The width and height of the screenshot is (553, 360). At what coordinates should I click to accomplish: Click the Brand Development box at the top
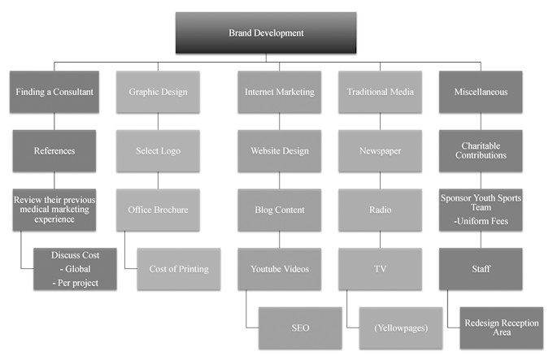point(266,33)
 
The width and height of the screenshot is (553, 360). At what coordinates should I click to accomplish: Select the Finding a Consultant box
point(54,92)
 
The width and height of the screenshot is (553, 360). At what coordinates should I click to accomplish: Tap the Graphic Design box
point(157,92)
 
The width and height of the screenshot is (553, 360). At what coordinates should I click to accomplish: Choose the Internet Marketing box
point(279,92)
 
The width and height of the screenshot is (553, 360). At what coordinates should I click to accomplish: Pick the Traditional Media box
point(380,92)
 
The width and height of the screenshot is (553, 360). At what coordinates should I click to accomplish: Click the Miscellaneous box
point(481,92)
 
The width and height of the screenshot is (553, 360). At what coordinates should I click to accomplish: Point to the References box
point(54,150)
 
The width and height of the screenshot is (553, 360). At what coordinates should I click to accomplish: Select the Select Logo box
point(157,150)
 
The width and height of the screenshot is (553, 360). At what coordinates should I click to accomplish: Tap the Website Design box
point(279,150)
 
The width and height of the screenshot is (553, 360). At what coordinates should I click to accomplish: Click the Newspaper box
point(380,150)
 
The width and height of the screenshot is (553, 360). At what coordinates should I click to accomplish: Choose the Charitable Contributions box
point(481,150)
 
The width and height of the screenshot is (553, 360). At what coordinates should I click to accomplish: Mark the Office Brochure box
point(157,210)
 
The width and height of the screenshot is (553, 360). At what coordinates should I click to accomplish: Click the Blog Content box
point(279,210)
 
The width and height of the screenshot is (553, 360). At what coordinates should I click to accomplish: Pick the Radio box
point(380,210)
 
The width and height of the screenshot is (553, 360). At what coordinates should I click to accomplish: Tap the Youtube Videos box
point(279,269)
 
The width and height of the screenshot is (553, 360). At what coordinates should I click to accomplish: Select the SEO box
point(300,327)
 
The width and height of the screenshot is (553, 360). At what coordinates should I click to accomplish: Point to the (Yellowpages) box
point(401,327)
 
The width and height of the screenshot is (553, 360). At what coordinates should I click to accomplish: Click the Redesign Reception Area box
point(501,327)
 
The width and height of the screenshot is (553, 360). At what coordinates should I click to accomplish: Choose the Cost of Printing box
point(178,269)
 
